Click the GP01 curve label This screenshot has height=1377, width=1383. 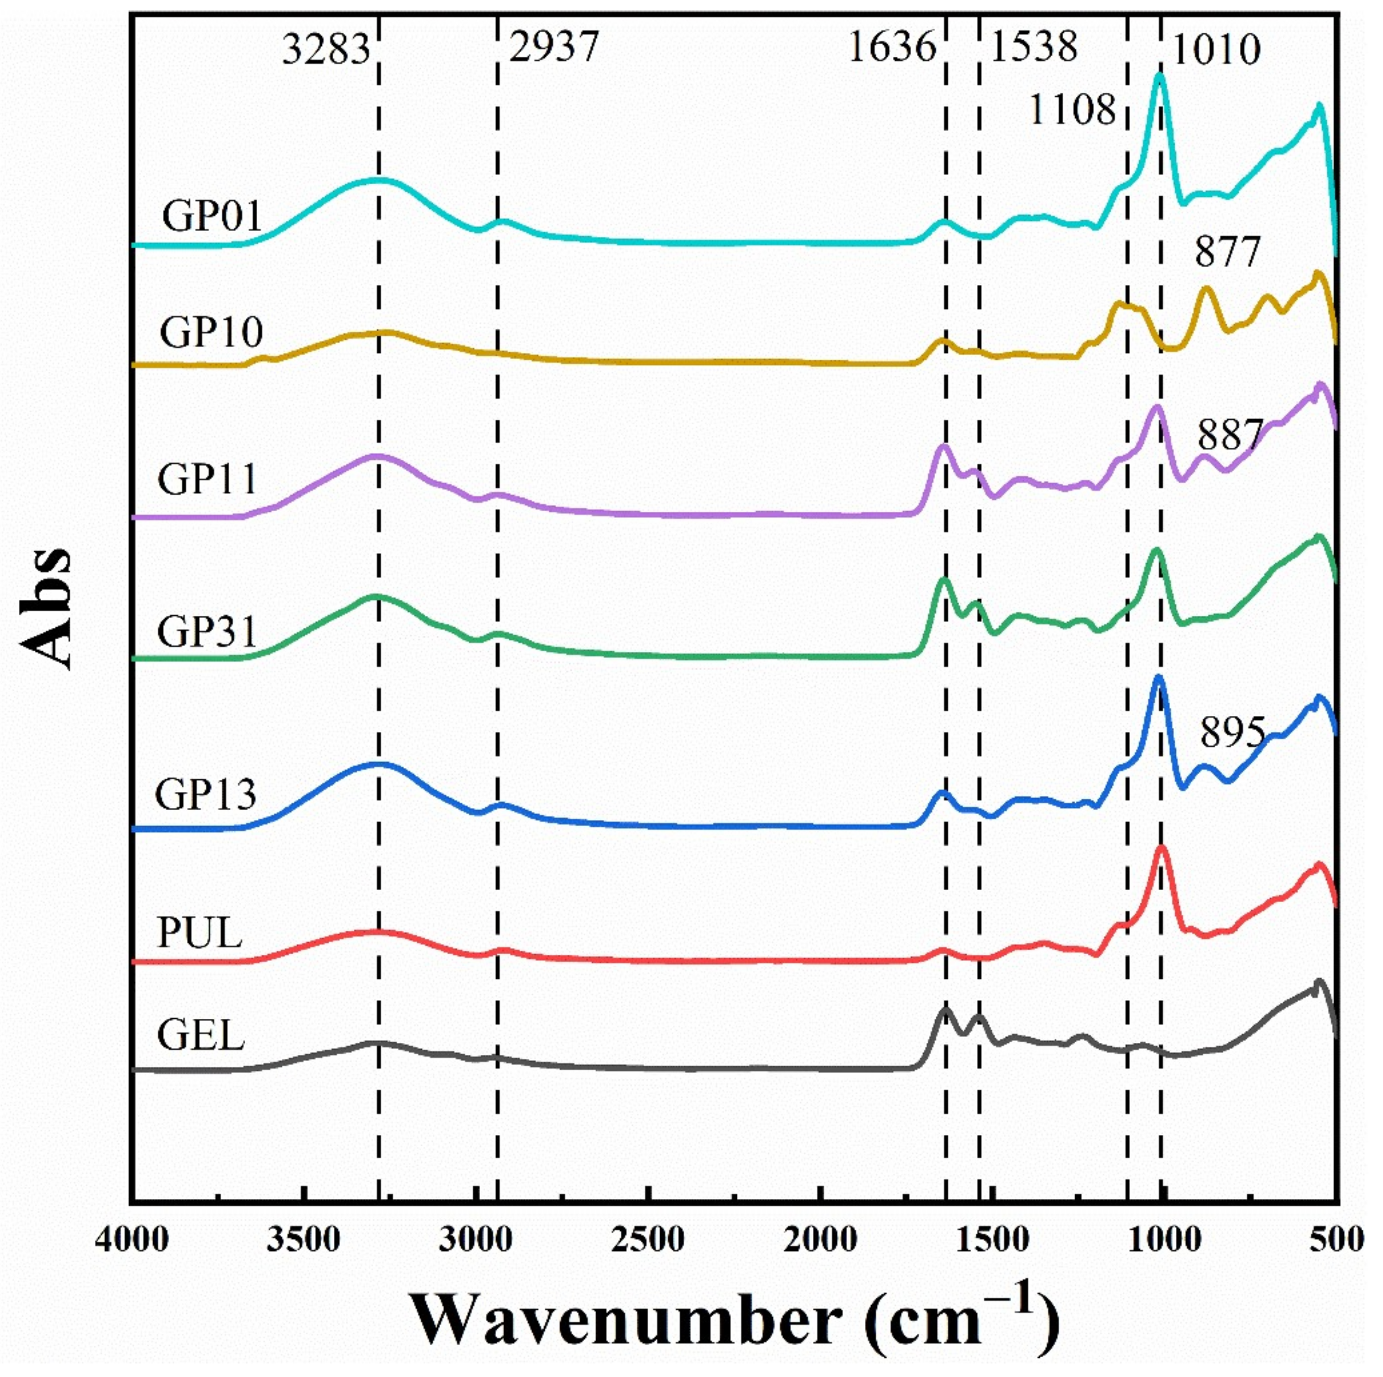click(x=212, y=216)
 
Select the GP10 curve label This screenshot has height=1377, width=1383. click(x=211, y=332)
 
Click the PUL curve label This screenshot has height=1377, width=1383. click(x=200, y=933)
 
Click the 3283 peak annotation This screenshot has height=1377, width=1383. click(x=326, y=50)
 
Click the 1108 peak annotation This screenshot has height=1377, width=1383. click(x=1072, y=110)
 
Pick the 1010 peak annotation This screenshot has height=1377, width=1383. click(x=1215, y=50)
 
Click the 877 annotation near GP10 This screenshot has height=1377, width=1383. click(x=1226, y=252)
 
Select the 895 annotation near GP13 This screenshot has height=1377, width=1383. click(x=1233, y=734)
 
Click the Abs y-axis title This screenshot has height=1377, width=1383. click(x=48, y=609)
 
